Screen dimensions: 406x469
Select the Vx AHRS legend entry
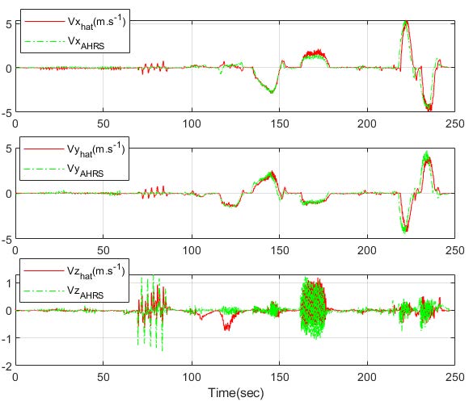pos(77,42)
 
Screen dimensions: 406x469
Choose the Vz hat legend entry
pos(77,270)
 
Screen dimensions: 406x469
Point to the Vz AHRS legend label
pos(77,291)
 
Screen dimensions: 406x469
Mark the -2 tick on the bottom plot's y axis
pos(6,366)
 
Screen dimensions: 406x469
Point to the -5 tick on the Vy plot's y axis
pos(6,240)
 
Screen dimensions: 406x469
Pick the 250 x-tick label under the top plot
pos(455,124)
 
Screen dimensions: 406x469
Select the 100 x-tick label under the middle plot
pos(191,251)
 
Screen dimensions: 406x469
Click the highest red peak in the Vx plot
pos(405,22)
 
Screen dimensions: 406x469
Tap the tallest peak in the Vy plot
pos(427,153)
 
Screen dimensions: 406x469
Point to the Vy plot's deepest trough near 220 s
pos(405,231)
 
